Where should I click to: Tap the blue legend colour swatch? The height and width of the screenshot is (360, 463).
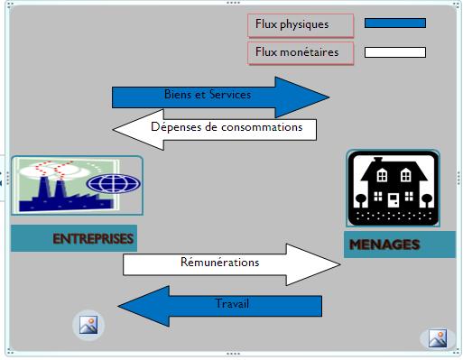394,23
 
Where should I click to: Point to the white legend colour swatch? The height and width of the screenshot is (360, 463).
394,52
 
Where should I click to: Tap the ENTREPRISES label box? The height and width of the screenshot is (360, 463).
74,239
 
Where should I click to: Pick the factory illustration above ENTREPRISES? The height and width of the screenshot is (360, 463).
77,185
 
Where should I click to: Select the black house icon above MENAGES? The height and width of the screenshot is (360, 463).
393,189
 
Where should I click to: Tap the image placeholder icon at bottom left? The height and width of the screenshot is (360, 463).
88,325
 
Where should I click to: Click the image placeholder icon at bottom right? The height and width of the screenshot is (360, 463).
437,339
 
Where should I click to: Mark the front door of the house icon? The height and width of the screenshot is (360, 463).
393,199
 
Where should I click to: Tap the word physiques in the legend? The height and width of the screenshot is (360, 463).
305,24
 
